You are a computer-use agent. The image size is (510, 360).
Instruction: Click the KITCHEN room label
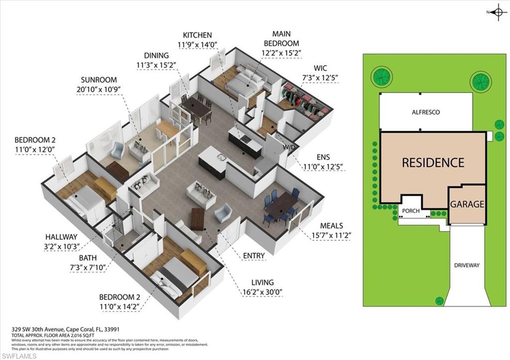(197, 35)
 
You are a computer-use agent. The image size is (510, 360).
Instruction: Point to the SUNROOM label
(99, 80)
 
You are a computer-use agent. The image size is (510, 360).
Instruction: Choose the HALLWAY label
(61, 237)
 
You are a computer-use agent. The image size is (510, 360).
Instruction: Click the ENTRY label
(254, 256)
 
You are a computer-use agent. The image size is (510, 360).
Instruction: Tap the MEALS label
(332, 226)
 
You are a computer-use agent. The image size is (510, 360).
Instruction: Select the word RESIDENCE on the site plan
(433, 162)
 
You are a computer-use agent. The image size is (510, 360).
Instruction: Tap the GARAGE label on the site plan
(467, 204)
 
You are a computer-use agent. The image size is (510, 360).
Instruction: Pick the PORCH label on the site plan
(411, 211)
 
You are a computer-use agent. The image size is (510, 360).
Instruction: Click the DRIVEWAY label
(466, 265)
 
